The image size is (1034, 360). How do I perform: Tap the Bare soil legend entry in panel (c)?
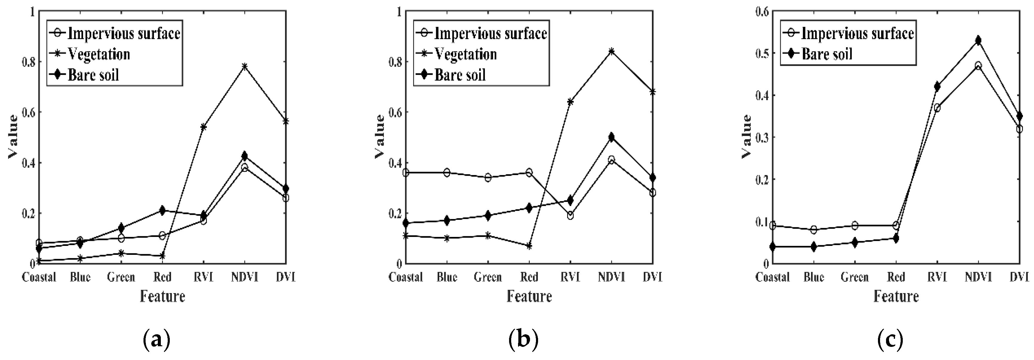coord(827,54)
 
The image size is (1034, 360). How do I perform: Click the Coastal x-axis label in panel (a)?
coord(39,277)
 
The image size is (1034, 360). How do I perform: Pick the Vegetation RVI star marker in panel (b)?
coord(570,102)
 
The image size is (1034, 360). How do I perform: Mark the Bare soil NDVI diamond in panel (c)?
coord(978,40)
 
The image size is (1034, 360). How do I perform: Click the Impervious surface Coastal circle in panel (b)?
coord(406,173)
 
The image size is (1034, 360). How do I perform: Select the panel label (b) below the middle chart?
coord(523,340)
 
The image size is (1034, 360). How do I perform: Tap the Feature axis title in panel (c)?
coord(896,297)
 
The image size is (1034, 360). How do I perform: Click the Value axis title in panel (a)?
coord(13,137)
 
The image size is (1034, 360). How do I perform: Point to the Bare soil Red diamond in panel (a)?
coord(162,210)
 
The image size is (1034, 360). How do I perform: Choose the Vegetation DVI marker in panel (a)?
coord(286,121)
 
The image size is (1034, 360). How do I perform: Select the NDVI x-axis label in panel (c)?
coord(978,277)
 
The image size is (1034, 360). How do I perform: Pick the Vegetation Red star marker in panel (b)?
coord(529,246)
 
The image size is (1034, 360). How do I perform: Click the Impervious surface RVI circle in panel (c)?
coord(937,108)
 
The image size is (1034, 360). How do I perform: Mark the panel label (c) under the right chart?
coord(890,340)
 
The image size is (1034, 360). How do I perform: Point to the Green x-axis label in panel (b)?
coord(488,277)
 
